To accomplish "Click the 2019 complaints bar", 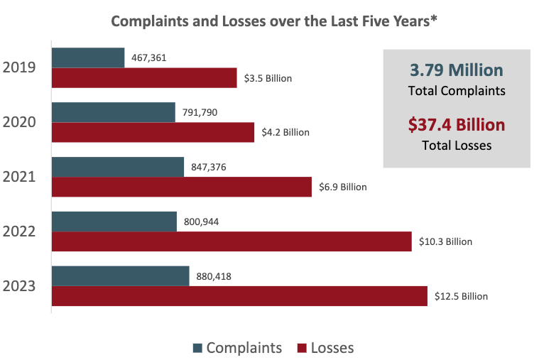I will tap(88, 58).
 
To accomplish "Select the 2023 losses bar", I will tap(239, 296).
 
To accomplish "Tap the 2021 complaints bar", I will tap(118, 167).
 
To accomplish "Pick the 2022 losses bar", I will tap(232, 241).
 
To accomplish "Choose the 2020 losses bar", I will tap(153, 132).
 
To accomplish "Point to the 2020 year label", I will tap(21, 122).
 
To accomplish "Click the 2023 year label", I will tap(21, 286).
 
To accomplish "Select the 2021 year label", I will tap(21, 177).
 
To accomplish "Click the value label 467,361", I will tap(149, 58).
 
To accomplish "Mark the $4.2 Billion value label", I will tap(285, 132).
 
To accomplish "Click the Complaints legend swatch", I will tap(197, 348).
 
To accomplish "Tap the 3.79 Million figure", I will tap(457, 70).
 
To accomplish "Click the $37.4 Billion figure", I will tap(457, 125).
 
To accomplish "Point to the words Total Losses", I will tap(457, 146).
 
